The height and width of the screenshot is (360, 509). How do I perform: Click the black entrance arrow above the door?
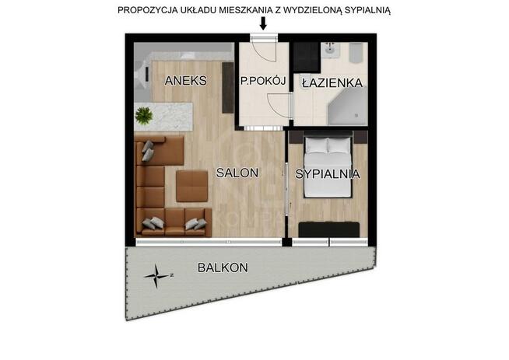[x=262, y=23]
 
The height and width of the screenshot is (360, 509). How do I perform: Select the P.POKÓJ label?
[x=264, y=80]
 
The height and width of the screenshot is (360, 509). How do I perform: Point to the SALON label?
[x=237, y=174]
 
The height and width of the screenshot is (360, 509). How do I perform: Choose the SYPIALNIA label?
[x=327, y=174]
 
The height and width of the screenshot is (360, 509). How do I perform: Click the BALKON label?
[x=223, y=267]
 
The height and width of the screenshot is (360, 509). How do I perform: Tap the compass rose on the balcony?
[x=158, y=274]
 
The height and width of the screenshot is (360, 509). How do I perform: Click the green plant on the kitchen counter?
[x=144, y=117]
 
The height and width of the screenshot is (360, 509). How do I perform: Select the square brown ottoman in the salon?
[x=191, y=187]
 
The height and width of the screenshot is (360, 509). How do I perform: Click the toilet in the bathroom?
[x=355, y=54]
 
